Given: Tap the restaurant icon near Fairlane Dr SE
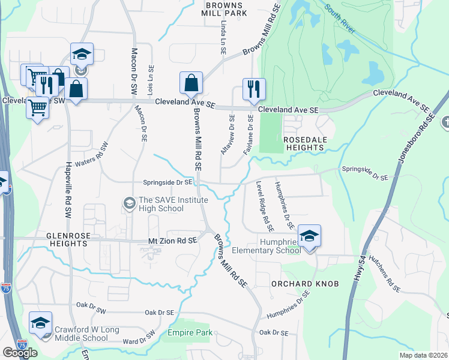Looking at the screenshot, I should [254, 89].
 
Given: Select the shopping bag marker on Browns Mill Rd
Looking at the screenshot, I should [191, 83].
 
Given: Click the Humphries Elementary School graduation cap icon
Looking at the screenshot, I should [309, 236].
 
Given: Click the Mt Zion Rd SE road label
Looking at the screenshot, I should [173, 241].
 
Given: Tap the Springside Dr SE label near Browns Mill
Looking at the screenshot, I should [167, 182].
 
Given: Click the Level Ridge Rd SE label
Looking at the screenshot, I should [264, 206].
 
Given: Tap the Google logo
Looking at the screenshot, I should [20, 353].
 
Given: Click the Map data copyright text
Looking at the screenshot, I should [423, 355].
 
